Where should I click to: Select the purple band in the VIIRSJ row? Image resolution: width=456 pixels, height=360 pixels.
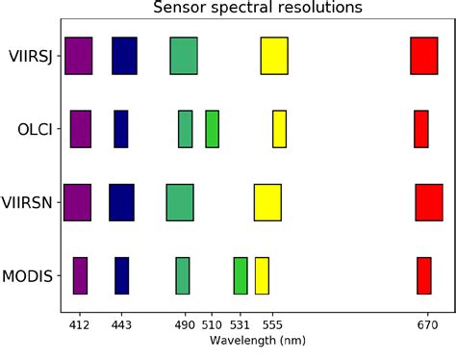pyautogui.click(x=79, y=56)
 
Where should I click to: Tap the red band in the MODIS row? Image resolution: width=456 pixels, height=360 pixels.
pyautogui.click(x=424, y=275)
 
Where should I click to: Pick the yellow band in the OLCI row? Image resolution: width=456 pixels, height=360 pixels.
pyautogui.click(x=279, y=129)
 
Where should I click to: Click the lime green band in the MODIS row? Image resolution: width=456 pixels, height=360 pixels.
pyautogui.click(x=241, y=275)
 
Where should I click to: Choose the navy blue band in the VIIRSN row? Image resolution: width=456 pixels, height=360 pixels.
pyautogui.click(x=121, y=202)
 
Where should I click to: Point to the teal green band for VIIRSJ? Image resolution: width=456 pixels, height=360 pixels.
pyautogui.click(x=184, y=56)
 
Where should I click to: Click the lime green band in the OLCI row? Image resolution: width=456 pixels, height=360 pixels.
pyautogui.click(x=212, y=129)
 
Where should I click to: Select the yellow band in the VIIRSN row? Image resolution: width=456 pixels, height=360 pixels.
pyautogui.click(x=267, y=202)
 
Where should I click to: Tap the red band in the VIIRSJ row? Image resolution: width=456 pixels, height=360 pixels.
pyautogui.click(x=424, y=56)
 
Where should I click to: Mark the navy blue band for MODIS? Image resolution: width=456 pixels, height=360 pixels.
pyautogui.click(x=121, y=275)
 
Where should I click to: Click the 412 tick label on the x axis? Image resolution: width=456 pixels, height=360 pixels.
pyautogui.click(x=80, y=325)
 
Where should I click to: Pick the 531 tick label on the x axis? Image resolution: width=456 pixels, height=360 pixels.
pyautogui.click(x=240, y=325)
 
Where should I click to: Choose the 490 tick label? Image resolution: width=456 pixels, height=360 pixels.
pyautogui.click(x=184, y=325)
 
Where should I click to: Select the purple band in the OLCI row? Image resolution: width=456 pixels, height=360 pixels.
pyautogui.click(x=81, y=129)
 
